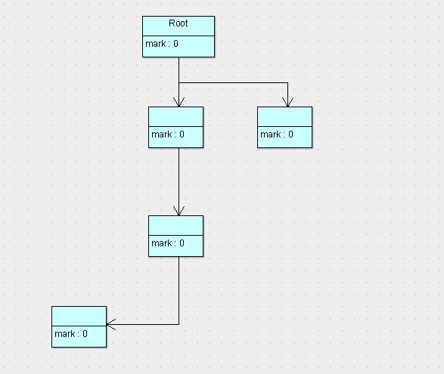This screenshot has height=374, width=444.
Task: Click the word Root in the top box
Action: [x=179, y=24]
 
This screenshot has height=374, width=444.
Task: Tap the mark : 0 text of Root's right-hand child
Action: [x=276, y=135]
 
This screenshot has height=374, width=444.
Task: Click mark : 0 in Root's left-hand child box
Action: [x=167, y=135]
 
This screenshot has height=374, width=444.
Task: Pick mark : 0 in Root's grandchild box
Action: [x=167, y=243]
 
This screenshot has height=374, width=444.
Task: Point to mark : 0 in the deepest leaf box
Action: [x=70, y=334]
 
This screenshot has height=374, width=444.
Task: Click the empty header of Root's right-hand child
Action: [x=284, y=116]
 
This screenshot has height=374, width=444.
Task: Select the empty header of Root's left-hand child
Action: [x=175, y=116]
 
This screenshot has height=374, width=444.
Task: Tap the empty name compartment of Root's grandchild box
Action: [x=175, y=225]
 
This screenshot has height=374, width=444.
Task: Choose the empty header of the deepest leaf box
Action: [x=79, y=316]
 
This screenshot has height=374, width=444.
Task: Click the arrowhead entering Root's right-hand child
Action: [x=287, y=102]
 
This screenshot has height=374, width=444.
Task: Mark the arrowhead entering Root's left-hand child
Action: [x=179, y=102]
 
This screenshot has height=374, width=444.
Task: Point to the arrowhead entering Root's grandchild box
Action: [x=179, y=211]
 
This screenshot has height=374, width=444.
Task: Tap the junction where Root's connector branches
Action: [x=179, y=82]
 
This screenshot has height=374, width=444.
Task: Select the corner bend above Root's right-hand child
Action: [x=287, y=82]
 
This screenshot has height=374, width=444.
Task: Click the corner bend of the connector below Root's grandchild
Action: [x=179, y=325]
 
